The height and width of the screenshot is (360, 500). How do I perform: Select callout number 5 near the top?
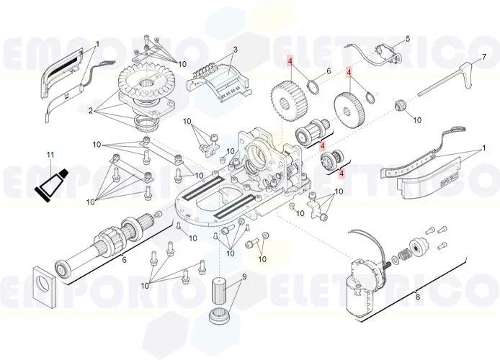[x=407, y=39]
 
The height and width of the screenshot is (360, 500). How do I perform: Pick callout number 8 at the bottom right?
[x=417, y=297]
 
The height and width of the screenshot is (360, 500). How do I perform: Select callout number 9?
[x=244, y=276]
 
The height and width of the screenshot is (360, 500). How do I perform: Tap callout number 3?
[x=235, y=50]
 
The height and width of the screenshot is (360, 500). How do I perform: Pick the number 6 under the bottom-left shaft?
[x=124, y=260]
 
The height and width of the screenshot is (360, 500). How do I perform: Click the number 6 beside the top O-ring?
[x=328, y=71]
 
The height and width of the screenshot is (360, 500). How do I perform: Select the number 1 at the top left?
[x=97, y=44]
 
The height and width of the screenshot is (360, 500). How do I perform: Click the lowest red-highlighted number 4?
[x=341, y=172]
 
